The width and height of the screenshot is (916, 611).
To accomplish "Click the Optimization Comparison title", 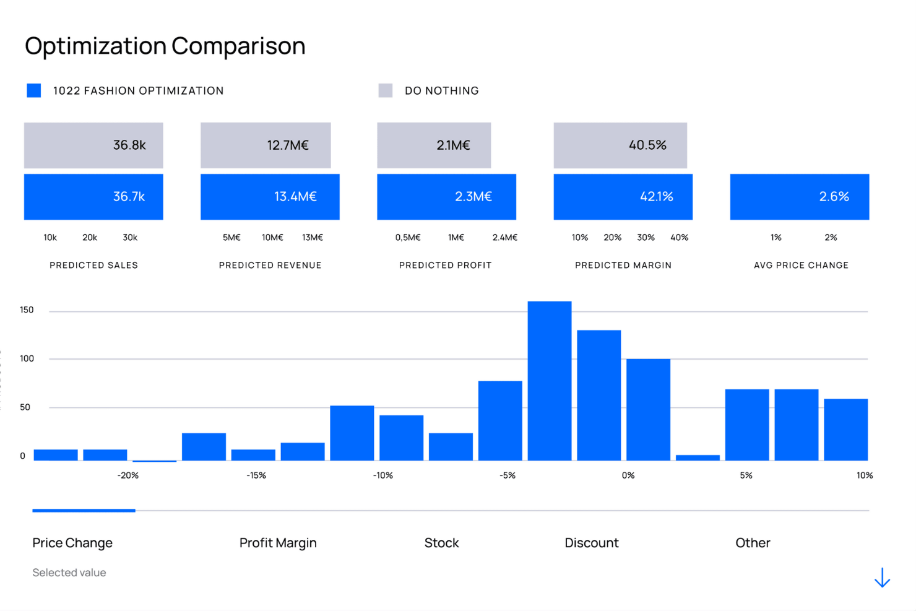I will pos(165,46).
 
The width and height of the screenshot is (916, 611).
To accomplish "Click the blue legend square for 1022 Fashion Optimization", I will pos(34,91).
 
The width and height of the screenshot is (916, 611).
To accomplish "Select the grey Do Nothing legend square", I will pos(386,91).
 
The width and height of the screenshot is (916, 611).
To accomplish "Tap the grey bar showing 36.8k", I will pos(93,145).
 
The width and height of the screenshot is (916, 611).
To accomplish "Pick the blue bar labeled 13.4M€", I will pos(270,197).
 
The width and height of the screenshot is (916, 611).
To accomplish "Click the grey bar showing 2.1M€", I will pos(434,145).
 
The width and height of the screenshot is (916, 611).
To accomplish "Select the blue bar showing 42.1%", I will pos(623,197).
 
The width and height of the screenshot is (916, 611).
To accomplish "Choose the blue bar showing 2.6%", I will pos(800,197).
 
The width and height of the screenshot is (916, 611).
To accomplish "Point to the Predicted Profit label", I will pos(445,265).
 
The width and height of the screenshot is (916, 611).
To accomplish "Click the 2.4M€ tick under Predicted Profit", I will pos(504,238).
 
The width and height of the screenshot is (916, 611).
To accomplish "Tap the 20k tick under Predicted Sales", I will pos(90,238).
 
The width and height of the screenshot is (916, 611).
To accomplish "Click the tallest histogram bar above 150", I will pos(550,381).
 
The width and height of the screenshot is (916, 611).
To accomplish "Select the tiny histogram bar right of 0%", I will pos(698,457).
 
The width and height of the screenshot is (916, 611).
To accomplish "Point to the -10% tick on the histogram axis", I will pos(382,475).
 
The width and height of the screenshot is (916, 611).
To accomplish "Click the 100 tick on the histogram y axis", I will pos(27,359).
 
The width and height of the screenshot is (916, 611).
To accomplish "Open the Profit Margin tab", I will pos(278,543).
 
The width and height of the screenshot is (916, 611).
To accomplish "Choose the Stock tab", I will pos(441,543).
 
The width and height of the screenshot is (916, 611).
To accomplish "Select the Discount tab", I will pos(591,543).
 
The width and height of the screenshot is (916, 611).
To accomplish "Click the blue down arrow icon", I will pos(882,578).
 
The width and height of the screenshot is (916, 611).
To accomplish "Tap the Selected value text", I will pos(69,573).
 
